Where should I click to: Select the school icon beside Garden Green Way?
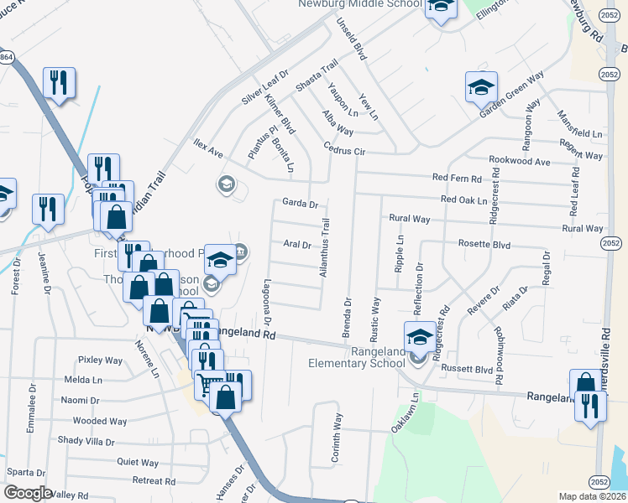click(482, 86)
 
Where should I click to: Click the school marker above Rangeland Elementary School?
click(420, 336)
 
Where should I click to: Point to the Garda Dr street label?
click(300, 204)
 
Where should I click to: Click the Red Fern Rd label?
click(457, 179)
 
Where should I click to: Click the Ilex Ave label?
click(207, 148)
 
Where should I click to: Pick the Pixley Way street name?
click(101, 360)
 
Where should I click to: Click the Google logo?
click(28, 493)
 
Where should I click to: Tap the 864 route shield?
click(7, 57)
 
